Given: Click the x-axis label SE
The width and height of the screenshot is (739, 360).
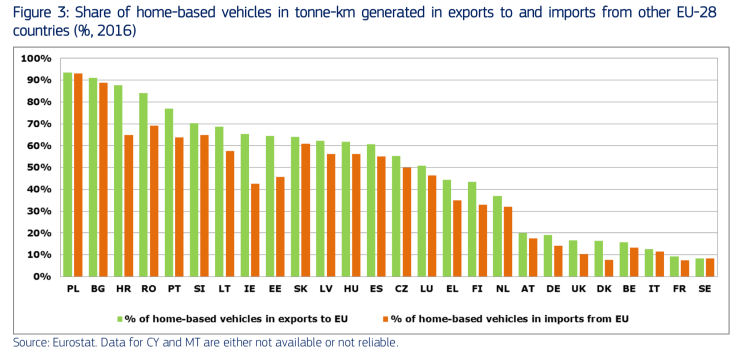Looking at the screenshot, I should [x=705, y=289].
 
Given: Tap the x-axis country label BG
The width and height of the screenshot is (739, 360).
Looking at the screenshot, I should [x=99, y=289].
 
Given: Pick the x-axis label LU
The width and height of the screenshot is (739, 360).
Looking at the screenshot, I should [x=427, y=289].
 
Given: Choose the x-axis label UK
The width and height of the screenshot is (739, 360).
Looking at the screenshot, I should [x=579, y=289].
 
